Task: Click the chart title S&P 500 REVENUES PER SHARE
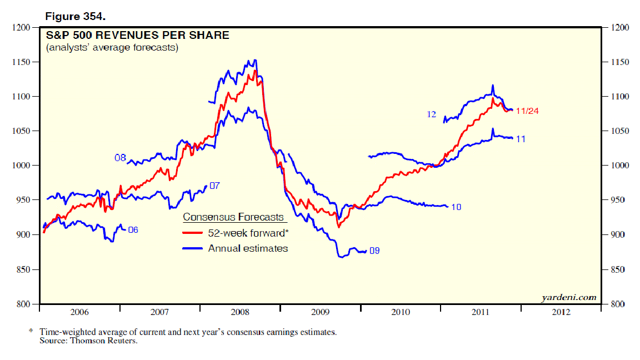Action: [137, 36]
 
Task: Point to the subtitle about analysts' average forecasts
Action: [112, 48]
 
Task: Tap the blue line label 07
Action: [215, 185]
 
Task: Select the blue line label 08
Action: [120, 158]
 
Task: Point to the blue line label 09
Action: [374, 251]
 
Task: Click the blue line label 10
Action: [456, 207]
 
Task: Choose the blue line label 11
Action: [521, 139]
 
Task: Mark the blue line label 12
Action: [432, 114]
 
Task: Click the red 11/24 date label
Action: [528, 111]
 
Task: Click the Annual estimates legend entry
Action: [248, 248]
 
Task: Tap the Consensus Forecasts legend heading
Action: [233, 217]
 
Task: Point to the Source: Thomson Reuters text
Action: [88, 341]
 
